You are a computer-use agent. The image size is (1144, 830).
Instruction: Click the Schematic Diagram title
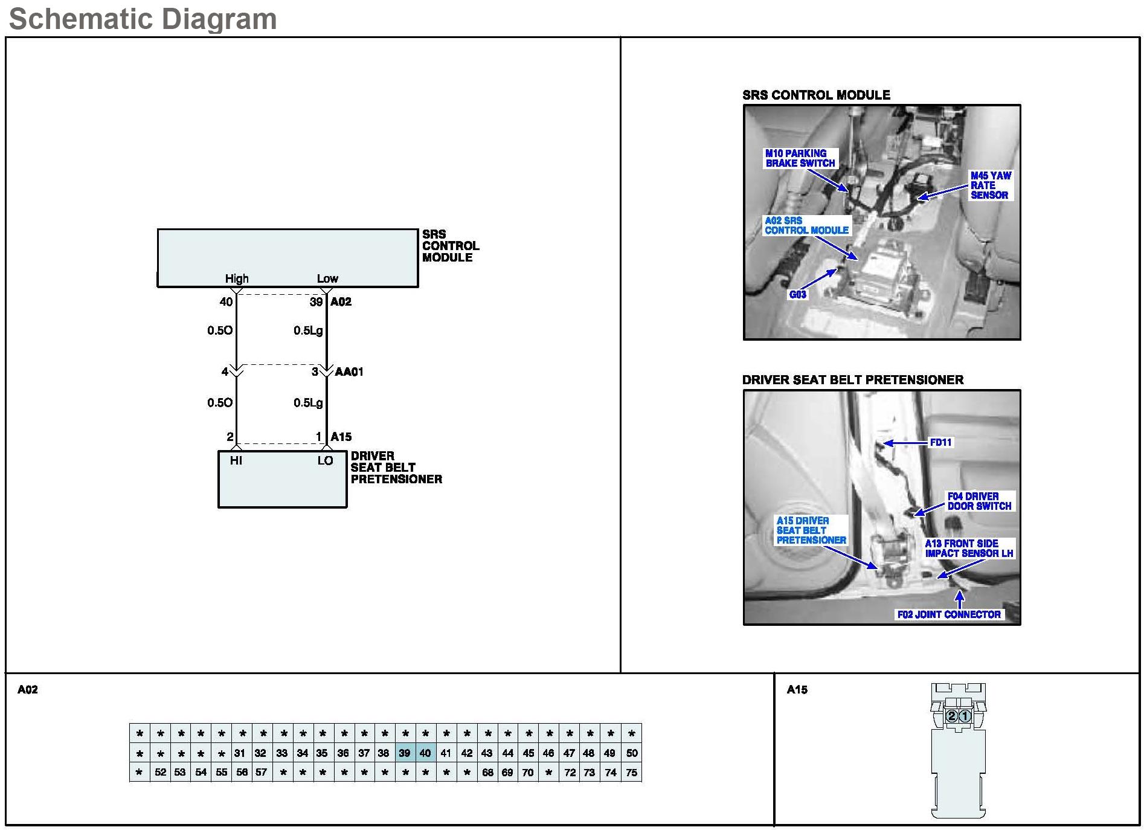tap(143, 19)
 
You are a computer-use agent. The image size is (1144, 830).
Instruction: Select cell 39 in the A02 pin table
tap(405, 753)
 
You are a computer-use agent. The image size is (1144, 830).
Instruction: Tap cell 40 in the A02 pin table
tap(425, 753)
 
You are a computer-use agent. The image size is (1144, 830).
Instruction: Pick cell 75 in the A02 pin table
tap(631, 773)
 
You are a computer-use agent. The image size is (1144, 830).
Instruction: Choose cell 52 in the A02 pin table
tap(160, 773)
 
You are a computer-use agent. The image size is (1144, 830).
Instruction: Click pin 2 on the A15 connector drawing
tap(951, 716)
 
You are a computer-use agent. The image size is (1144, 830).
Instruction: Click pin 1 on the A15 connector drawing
tap(965, 716)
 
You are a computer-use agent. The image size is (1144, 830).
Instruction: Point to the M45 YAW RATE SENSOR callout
tap(990, 185)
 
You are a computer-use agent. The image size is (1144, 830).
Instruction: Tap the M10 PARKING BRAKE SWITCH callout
tap(800, 158)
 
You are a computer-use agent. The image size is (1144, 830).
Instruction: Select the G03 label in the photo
tap(797, 295)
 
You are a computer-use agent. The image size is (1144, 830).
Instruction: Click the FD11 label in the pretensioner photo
tap(940, 443)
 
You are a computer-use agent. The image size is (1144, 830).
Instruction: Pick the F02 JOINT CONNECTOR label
tap(949, 615)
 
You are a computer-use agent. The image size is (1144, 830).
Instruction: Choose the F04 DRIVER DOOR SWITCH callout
tap(979, 501)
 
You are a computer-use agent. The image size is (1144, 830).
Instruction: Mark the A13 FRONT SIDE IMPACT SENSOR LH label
tap(969, 549)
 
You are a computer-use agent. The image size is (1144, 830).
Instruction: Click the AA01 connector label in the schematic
tap(349, 372)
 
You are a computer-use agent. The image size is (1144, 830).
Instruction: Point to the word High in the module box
tap(237, 278)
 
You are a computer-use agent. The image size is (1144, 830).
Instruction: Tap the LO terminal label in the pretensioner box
tap(325, 461)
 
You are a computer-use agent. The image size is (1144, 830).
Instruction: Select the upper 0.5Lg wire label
tap(308, 331)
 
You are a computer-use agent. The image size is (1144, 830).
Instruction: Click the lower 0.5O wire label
tap(220, 403)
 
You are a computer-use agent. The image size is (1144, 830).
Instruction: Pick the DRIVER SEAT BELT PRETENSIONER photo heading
tap(852, 380)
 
